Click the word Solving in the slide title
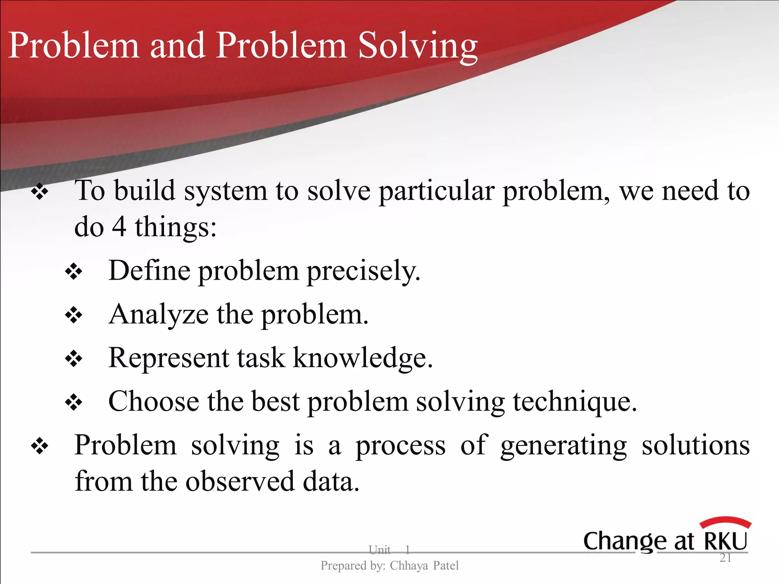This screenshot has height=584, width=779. click(418, 46)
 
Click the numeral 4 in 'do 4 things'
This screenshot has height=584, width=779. click(119, 227)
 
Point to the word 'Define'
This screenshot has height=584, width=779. click(149, 271)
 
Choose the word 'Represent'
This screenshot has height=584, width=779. click(169, 358)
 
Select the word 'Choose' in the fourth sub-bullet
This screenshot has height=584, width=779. click(154, 401)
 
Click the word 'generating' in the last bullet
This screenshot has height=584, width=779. click(563, 446)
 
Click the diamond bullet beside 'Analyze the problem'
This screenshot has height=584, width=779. click(73, 315)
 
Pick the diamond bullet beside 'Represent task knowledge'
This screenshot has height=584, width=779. click(73, 359)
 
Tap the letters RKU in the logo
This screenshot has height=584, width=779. click(726, 541)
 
